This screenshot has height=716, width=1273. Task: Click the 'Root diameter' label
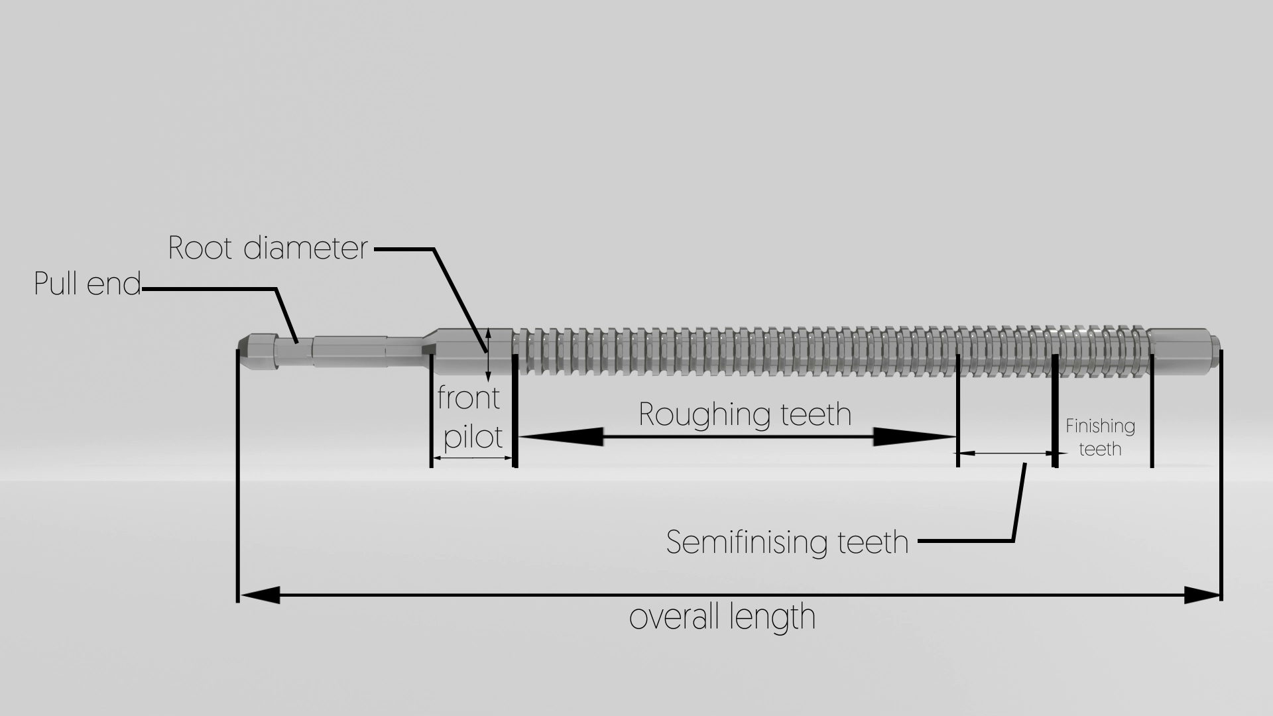pyautogui.click(x=267, y=249)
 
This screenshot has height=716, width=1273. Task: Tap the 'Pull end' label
pyautogui.click(x=88, y=284)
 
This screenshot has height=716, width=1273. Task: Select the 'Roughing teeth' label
pyautogui.click(x=745, y=414)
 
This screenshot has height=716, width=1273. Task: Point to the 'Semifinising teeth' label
pyautogui.click(x=787, y=542)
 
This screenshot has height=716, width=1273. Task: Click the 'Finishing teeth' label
pyautogui.click(x=1100, y=437)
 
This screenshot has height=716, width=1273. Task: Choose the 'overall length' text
pyautogui.click(x=722, y=617)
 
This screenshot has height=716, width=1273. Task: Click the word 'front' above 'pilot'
pyautogui.click(x=468, y=398)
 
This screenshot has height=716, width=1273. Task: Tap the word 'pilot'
pyautogui.click(x=473, y=438)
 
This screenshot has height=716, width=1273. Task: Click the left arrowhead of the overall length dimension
pyautogui.click(x=260, y=595)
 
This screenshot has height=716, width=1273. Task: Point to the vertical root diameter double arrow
pyautogui.click(x=489, y=355)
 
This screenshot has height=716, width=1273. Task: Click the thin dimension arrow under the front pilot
pyautogui.click(x=473, y=458)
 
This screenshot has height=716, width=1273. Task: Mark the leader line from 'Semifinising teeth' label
pyautogui.click(x=1017, y=504)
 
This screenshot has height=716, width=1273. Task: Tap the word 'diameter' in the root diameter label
pyautogui.click(x=305, y=249)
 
